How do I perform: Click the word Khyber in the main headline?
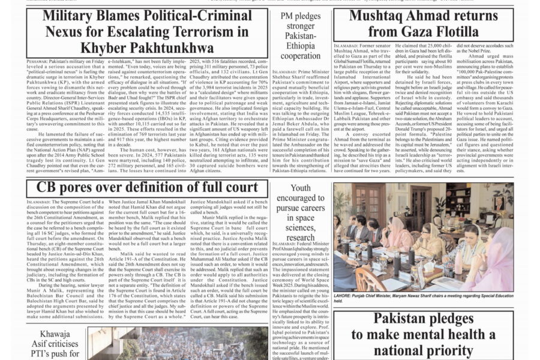point(101,47)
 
